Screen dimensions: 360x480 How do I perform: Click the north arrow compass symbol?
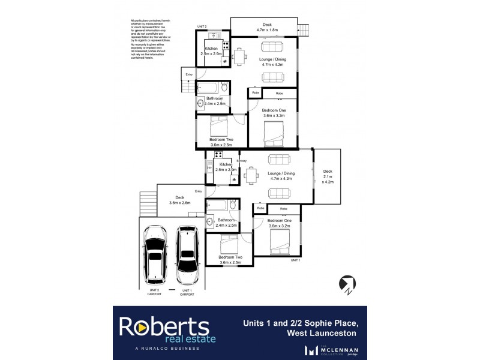point(346,283)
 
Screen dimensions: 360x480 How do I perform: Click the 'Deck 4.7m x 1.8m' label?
point(263,27)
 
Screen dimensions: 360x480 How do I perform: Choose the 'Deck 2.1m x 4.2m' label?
point(327,176)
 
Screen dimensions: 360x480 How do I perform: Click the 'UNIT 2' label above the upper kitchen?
point(202,27)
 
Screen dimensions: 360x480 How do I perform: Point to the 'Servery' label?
point(242,161)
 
